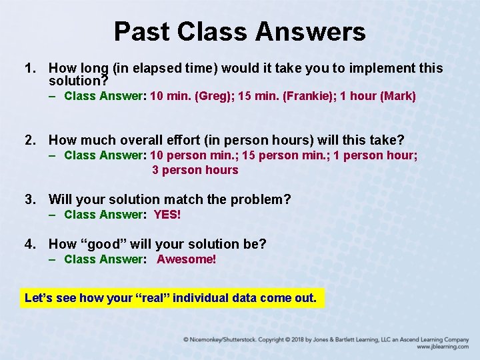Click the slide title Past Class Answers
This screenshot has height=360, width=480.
coord(239,31)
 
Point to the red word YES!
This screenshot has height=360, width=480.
coord(167,215)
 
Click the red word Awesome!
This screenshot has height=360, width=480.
coord(187,259)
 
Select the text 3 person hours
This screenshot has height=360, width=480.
coord(195,170)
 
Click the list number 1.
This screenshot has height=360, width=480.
coord(29,68)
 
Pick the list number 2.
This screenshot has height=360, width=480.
coord(29,140)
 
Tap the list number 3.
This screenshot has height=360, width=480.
coord(29,199)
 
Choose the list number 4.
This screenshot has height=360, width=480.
coord(29,244)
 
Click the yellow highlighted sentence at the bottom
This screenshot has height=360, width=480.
coord(171,298)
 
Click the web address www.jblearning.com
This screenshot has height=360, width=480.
coord(443,347)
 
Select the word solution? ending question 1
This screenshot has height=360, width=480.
coord(75,81)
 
